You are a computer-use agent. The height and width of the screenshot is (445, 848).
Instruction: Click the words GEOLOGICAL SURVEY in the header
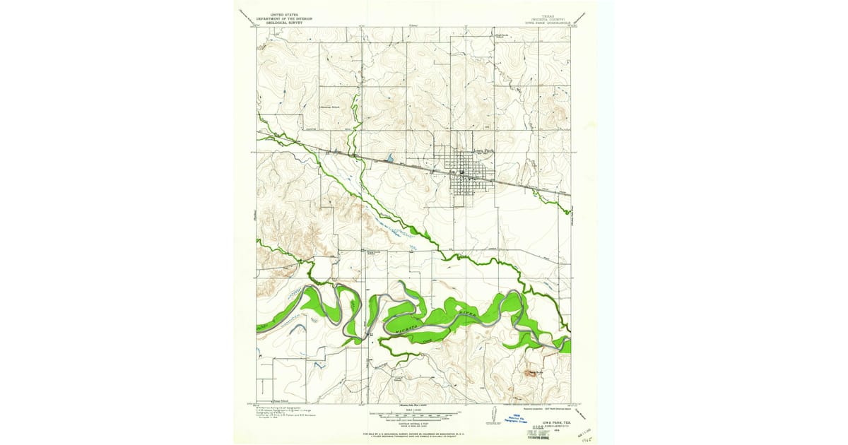[280, 22]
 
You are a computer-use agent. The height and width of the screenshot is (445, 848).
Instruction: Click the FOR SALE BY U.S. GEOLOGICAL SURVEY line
[413, 432]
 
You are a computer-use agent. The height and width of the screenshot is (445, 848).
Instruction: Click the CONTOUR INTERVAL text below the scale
[413, 424]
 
